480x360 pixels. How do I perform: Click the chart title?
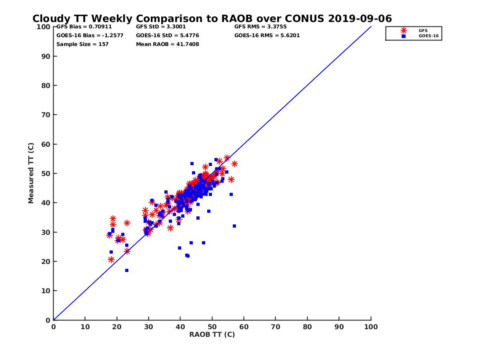tap(212, 18)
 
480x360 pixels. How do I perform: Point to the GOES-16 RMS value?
tap(267, 36)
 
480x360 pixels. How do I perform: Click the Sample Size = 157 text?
tap(82, 44)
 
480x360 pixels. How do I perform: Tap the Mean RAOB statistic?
tap(167, 44)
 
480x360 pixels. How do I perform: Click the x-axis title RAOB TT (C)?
tap(212, 334)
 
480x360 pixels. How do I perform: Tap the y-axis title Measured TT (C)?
tap(31, 173)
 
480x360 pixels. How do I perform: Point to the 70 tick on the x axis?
tap(276, 326)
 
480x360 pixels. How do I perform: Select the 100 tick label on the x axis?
tap(371, 326)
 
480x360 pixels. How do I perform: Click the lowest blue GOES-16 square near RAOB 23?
tap(127, 270)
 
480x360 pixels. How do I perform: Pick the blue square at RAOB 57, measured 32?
tap(234, 226)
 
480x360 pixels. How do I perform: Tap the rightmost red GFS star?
tap(234, 164)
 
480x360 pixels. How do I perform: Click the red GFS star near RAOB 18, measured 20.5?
tap(111, 260)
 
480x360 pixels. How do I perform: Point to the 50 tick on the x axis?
tap(212, 326)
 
